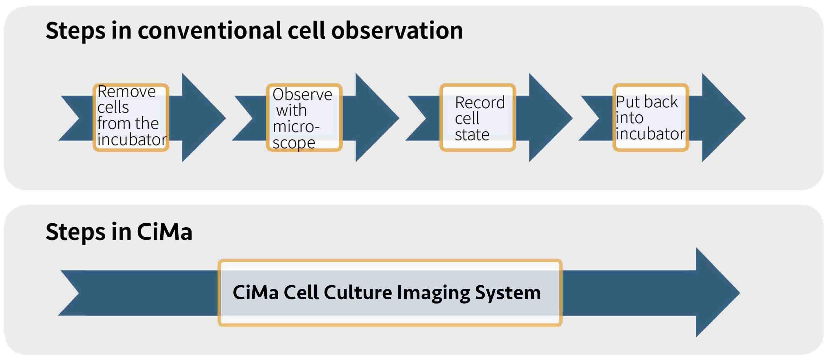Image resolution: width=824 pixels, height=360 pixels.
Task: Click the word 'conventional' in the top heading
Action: (209, 31)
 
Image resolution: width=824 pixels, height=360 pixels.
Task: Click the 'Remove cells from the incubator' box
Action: (131, 117)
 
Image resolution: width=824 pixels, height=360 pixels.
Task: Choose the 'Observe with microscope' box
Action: (304, 117)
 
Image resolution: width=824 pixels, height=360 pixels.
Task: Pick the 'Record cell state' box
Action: (478, 117)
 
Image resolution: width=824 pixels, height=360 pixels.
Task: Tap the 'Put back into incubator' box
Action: (651, 117)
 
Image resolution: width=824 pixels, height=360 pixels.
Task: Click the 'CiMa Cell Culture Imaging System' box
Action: (390, 293)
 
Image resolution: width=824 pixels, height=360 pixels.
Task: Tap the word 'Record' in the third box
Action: (480, 102)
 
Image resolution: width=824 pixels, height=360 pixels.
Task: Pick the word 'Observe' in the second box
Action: (302, 94)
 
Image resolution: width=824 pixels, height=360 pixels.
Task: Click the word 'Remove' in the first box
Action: (126, 92)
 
